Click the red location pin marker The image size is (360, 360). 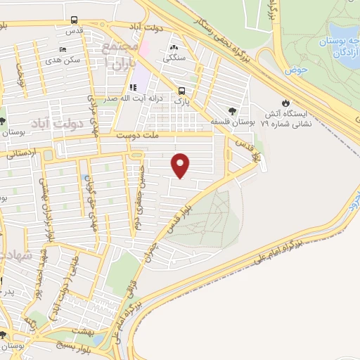tap(181, 165)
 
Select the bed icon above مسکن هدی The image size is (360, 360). tap(63, 50)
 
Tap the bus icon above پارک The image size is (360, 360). tap(183, 91)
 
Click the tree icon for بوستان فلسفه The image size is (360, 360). tap(233, 110)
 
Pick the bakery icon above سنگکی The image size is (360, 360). tap(173, 49)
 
